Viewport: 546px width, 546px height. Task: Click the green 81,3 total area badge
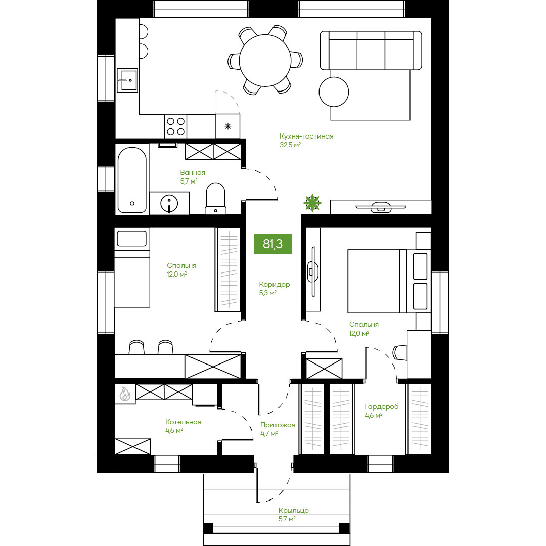pyautogui.click(x=272, y=244)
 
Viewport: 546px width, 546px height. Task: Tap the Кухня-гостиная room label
pyautogui.click(x=306, y=136)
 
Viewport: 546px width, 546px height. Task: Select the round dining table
pyautogui.click(x=265, y=60)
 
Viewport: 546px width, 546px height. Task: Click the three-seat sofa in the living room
pyautogui.click(x=371, y=50)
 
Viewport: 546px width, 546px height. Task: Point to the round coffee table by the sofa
pyautogui.click(x=334, y=92)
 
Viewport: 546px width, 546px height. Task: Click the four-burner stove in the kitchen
pyautogui.click(x=175, y=126)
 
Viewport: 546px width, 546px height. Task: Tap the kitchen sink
pyautogui.click(x=127, y=80)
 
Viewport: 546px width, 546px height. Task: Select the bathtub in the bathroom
pyautogui.click(x=132, y=180)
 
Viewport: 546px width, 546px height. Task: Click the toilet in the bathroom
pyautogui.click(x=215, y=198)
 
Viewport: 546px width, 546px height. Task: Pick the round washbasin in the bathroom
pyautogui.click(x=169, y=203)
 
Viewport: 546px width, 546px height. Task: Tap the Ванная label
pyautogui.click(x=193, y=172)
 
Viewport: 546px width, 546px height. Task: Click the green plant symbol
pyautogui.click(x=312, y=203)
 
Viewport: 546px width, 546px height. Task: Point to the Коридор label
pyautogui.click(x=275, y=284)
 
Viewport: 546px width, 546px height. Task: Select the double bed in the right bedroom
pyautogui.click(x=389, y=281)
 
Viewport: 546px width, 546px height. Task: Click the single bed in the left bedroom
pyautogui.click(x=132, y=267)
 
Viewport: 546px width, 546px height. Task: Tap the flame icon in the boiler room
pyautogui.click(x=125, y=394)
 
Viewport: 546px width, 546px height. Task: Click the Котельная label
pyautogui.click(x=183, y=422)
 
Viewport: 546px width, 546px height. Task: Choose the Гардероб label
pyautogui.click(x=381, y=406)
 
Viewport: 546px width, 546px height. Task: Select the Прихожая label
pyautogui.click(x=278, y=425)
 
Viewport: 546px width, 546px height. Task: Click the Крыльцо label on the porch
pyautogui.click(x=293, y=510)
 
